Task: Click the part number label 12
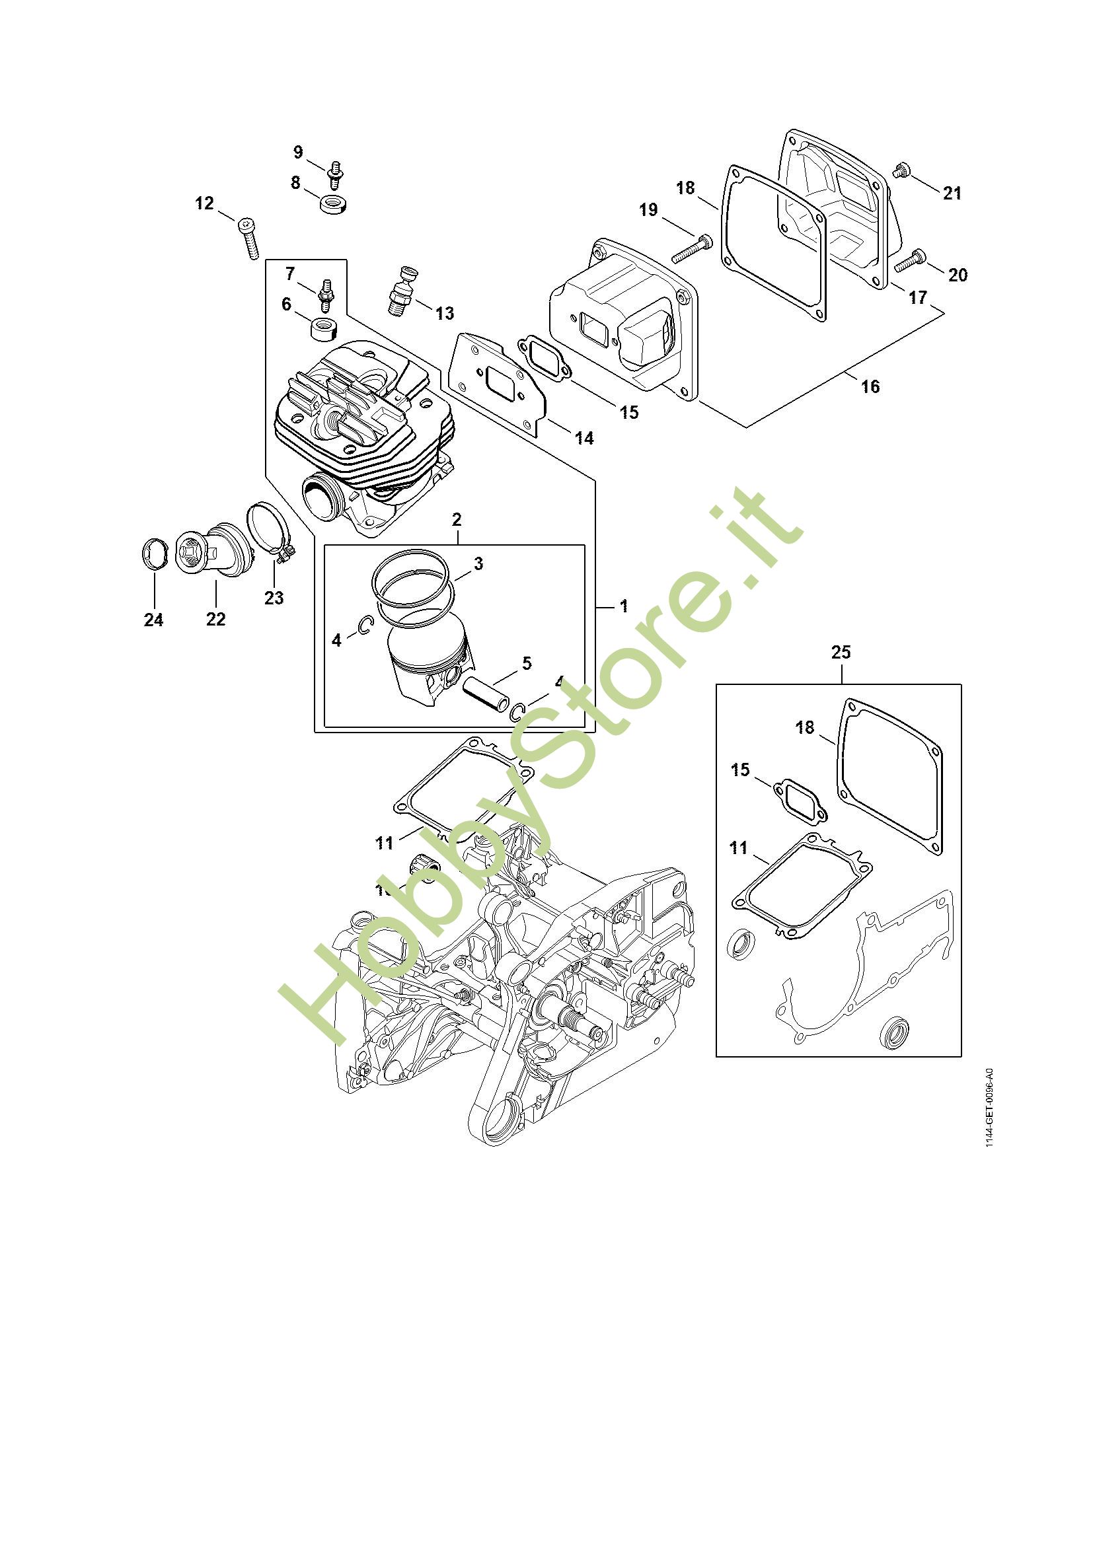[204, 203]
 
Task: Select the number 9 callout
[298, 153]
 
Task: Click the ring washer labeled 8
[332, 204]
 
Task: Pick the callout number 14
[584, 438]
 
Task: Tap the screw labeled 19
[691, 249]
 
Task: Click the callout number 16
[870, 386]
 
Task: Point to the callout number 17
[917, 297]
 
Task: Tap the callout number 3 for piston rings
[478, 563]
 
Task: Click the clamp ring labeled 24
[153, 554]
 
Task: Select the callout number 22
[215, 618]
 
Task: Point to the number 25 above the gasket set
[841, 651]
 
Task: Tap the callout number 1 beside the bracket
[624, 606]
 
